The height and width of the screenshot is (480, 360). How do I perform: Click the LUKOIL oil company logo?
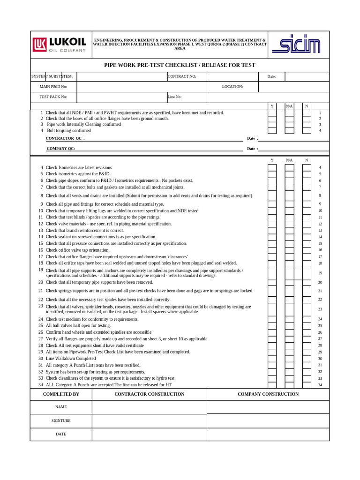click(x=60, y=45)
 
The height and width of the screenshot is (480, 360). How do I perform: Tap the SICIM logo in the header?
click(x=296, y=45)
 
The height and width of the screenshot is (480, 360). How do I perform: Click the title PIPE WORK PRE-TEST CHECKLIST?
click(x=180, y=65)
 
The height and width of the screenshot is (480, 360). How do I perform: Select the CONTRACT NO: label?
click(x=182, y=76)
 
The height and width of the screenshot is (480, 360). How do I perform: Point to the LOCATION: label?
click(x=232, y=87)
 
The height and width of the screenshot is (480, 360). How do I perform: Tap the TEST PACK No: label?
click(x=53, y=97)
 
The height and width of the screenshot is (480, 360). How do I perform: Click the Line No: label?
click(x=174, y=97)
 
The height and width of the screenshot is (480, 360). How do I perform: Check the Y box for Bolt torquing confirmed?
click(x=272, y=130)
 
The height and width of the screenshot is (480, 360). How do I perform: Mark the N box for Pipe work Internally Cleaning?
click(x=307, y=124)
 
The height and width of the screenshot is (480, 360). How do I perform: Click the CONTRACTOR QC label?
click(x=65, y=139)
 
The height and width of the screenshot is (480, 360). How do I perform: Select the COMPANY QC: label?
click(x=60, y=149)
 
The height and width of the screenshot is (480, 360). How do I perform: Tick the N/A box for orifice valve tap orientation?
click(x=289, y=250)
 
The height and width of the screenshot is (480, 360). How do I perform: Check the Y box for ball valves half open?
click(x=272, y=326)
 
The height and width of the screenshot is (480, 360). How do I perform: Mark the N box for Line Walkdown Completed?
click(x=307, y=359)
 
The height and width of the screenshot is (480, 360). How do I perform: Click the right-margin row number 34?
click(x=320, y=385)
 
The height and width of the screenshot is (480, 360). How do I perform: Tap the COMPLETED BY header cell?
click(x=61, y=394)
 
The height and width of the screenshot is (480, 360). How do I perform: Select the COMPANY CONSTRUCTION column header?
click(x=268, y=394)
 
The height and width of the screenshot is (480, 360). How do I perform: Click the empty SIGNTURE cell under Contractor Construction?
click(x=149, y=421)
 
